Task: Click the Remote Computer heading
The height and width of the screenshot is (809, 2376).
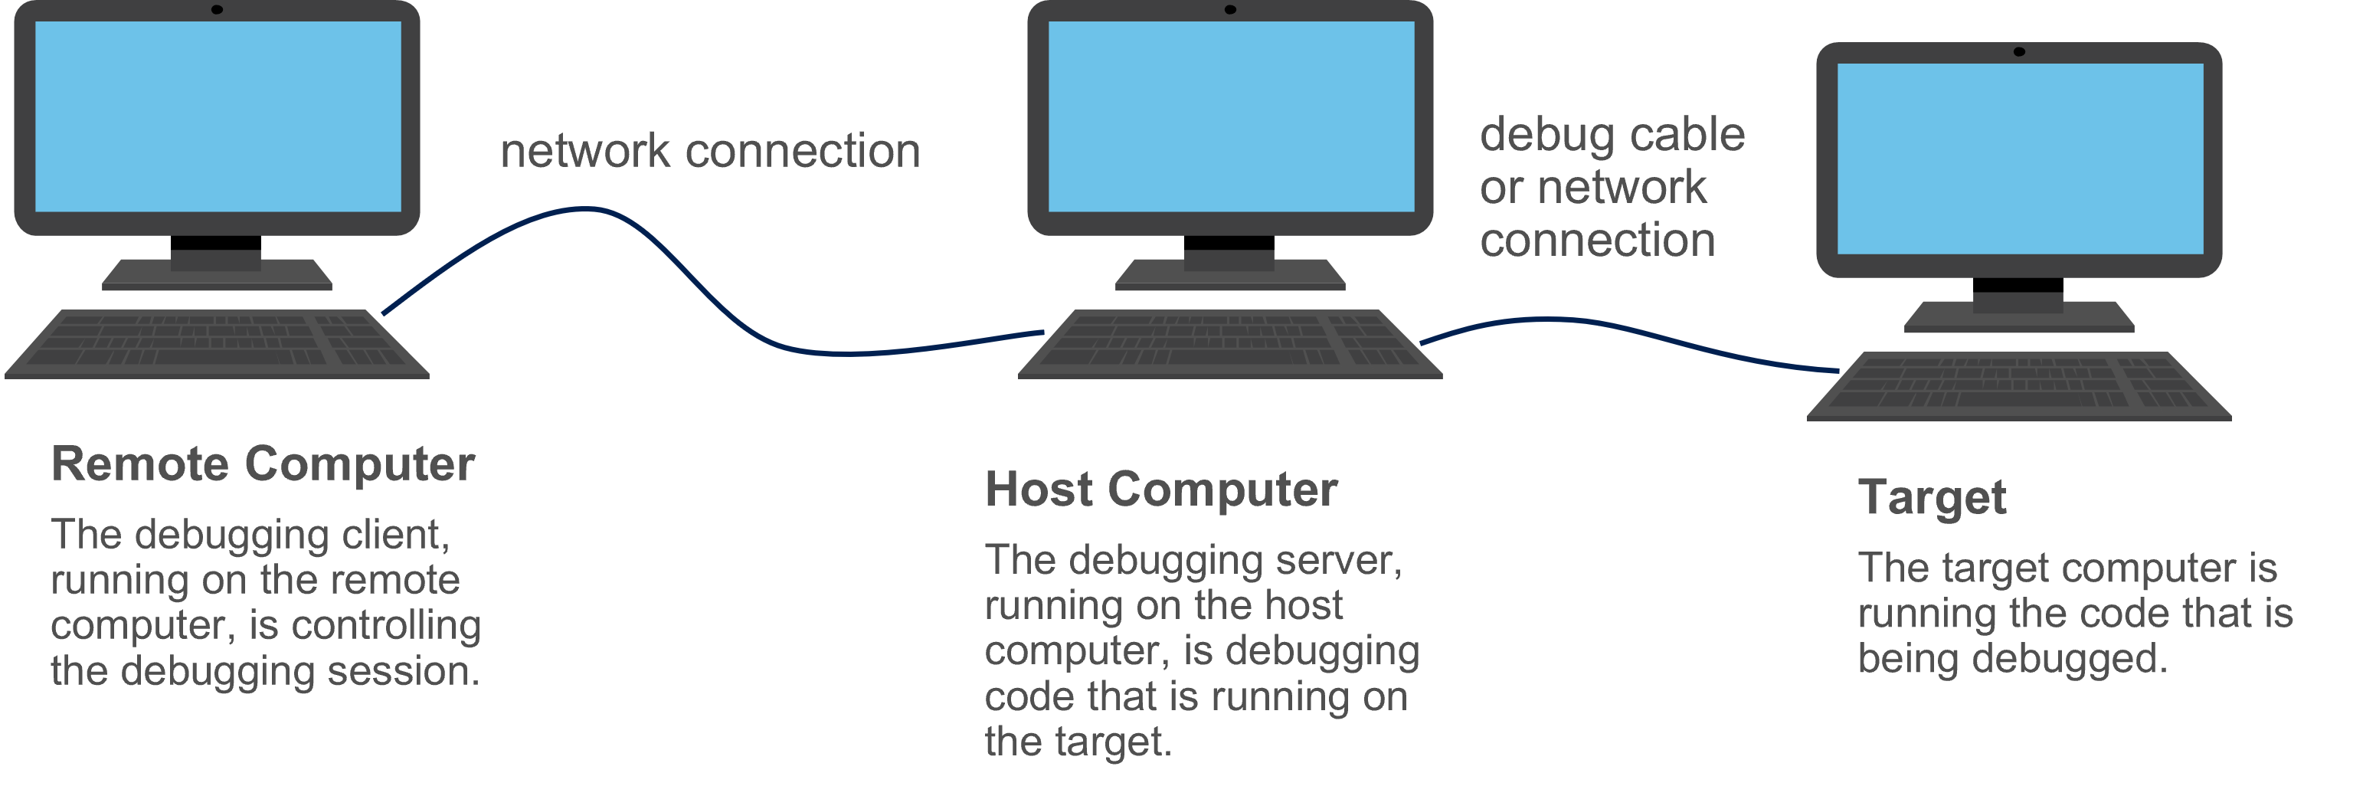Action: [x=263, y=464]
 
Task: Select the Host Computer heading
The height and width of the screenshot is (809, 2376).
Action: [x=1160, y=489]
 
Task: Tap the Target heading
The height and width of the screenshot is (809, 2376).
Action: [x=1932, y=498]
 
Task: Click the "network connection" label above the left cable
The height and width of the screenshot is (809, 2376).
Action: [x=709, y=151]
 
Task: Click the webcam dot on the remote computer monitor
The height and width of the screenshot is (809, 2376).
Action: [x=217, y=10]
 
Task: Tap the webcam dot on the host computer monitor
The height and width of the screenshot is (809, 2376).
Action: [x=1229, y=10]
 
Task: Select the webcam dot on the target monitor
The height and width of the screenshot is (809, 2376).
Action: [x=2018, y=51]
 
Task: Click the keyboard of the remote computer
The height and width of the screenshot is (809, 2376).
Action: [x=217, y=343]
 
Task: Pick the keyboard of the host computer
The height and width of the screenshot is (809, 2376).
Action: [x=1229, y=343]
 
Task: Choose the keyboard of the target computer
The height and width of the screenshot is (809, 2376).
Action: [x=2018, y=385]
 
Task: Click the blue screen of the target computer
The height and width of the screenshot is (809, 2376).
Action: [x=2019, y=159]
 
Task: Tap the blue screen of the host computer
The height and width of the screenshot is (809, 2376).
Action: [x=1230, y=116]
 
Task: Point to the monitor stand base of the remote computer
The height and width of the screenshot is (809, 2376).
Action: [x=217, y=276]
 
